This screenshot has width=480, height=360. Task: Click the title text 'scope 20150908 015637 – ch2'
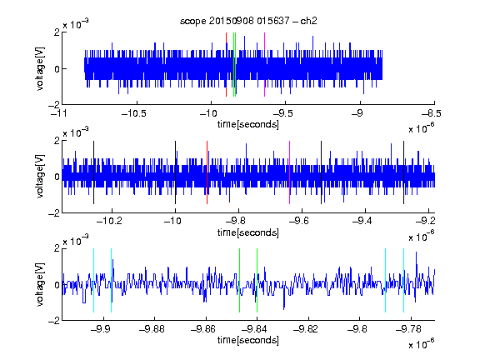[248, 21]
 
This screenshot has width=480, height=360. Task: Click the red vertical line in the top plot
[226, 65]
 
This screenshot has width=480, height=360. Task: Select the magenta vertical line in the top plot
[264, 65]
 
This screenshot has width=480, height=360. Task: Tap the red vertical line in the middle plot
[207, 172]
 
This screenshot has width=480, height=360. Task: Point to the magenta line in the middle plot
[290, 172]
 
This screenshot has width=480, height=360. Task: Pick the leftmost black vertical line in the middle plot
[93, 172]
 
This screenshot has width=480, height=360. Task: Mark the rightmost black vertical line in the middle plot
[403, 172]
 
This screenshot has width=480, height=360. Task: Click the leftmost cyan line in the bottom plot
[93, 280]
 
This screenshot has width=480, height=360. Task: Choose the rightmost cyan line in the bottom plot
[403, 280]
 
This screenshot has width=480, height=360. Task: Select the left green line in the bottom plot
[239, 280]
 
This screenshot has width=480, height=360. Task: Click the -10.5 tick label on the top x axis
[134, 114]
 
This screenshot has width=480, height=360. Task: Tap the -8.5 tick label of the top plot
[432, 114]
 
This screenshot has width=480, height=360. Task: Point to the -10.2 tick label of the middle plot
[109, 221]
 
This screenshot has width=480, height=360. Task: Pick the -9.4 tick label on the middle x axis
[362, 221]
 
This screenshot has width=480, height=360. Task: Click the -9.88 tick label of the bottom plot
[152, 329]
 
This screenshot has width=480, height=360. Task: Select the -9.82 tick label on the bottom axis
[306, 329]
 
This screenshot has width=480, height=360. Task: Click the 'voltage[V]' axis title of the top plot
[40, 68]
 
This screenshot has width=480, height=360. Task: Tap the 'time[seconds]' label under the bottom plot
[248, 340]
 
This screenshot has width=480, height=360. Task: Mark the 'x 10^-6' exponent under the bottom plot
[422, 343]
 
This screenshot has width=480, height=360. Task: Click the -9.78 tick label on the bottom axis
[408, 329]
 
